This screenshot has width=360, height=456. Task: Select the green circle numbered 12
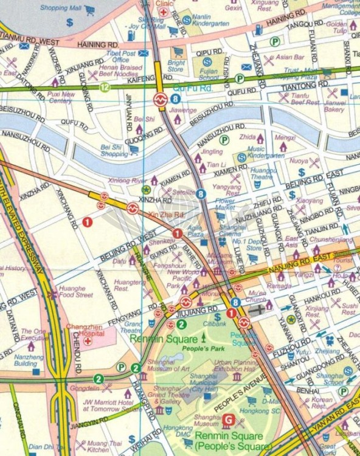click(105, 87)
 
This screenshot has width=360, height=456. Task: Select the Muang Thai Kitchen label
click(100, 447)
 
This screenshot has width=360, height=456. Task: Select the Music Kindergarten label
click(265, 152)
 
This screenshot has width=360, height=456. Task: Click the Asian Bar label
click(289, 57)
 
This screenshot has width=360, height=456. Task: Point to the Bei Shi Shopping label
click(115, 150)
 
